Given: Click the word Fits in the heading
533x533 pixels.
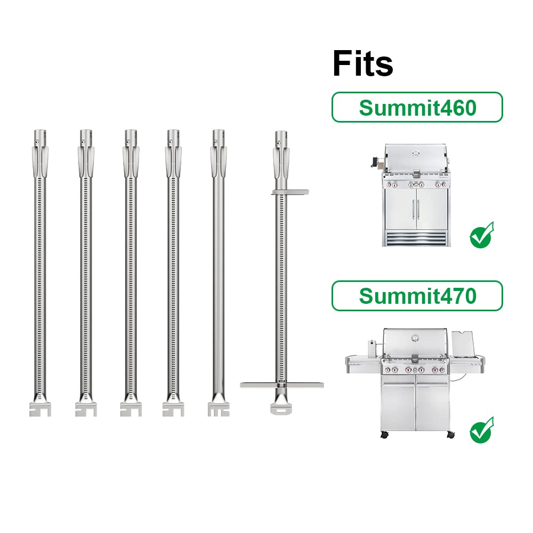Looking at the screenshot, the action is point(362,63).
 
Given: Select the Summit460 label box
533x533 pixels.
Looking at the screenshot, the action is point(417,107).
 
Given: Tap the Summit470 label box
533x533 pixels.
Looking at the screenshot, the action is point(417,296).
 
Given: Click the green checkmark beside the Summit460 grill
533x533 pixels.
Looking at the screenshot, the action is point(482,235).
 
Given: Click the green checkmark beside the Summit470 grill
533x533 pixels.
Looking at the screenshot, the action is point(482,430).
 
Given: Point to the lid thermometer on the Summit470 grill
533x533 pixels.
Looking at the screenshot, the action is point(415,338).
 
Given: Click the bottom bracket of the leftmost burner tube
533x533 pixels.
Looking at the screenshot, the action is point(40,409).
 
